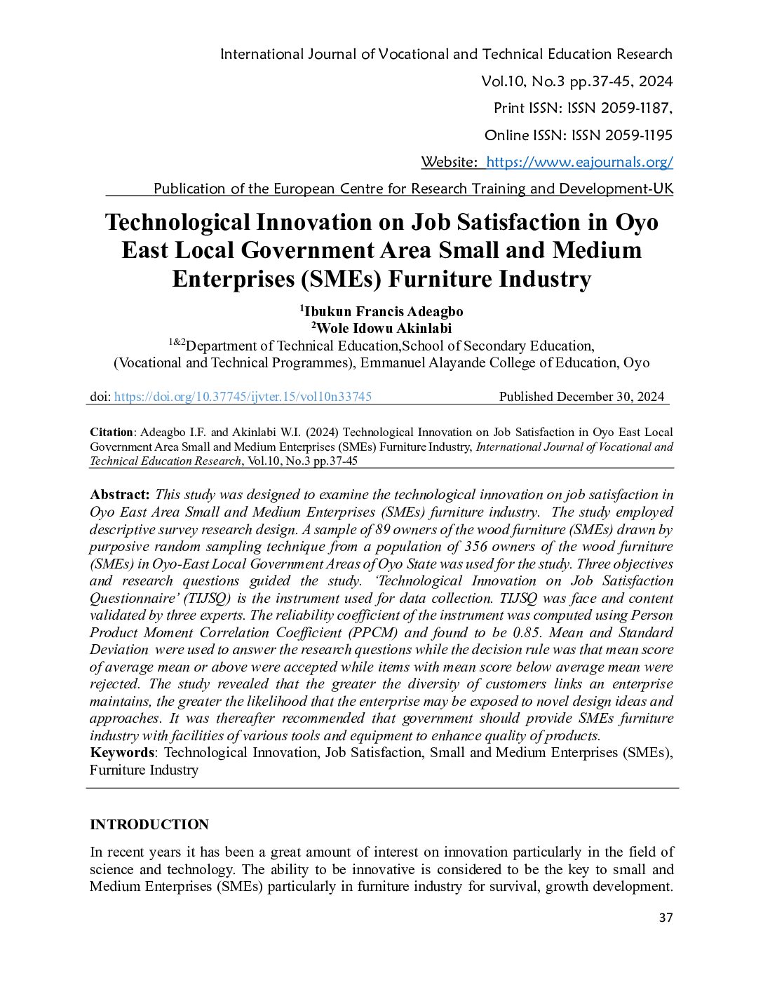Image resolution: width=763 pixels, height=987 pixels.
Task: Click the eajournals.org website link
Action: (579, 162)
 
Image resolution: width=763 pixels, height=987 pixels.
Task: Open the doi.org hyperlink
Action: (243, 397)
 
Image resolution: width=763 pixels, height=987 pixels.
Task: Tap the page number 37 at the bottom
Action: (666, 918)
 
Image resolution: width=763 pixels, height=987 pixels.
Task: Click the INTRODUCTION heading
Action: (149, 824)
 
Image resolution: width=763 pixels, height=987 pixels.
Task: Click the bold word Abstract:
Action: (120, 495)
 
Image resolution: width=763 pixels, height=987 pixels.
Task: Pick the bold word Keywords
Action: (121, 753)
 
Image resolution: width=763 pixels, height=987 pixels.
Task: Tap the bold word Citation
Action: (111, 433)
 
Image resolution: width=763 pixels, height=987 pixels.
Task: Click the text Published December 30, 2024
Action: (581, 397)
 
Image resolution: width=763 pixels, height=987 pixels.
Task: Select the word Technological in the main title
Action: (177, 222)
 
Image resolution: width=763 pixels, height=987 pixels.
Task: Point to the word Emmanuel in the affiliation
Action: (392, 363)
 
